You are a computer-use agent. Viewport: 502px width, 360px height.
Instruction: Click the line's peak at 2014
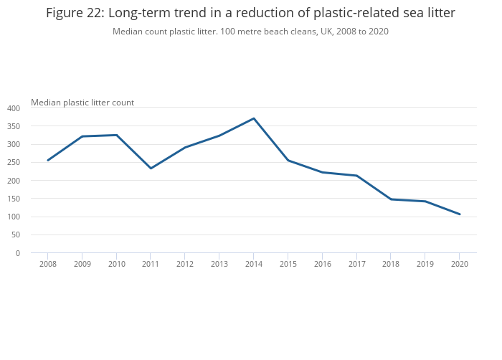254,118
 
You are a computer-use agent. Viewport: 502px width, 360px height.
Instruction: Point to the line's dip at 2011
151,169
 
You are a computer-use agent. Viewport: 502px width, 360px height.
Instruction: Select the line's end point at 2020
460,214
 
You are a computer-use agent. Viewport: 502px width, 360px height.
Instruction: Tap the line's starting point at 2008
47,160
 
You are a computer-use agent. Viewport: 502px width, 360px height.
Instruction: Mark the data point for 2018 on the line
391,199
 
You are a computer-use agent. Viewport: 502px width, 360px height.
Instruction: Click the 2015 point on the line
288,160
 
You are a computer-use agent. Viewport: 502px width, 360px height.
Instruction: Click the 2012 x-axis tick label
185,264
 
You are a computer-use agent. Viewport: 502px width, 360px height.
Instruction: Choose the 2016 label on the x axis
322,264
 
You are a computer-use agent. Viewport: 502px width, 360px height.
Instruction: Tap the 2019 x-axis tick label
425,264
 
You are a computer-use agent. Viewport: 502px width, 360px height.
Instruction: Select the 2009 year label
82,264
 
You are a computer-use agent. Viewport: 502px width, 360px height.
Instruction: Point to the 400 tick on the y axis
14,108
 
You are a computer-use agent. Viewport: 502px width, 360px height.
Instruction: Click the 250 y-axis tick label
14,163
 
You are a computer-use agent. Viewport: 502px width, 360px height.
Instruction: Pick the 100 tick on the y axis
14,217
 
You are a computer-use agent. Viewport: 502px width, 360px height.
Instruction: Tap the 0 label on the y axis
18,253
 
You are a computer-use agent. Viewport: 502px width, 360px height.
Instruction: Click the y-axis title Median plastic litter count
82,103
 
